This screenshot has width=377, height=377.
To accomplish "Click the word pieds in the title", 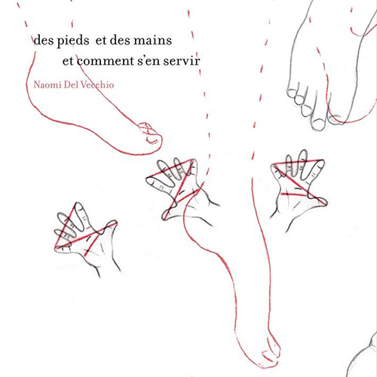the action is pos(73,41).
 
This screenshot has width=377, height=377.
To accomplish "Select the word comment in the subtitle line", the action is pos(105,61).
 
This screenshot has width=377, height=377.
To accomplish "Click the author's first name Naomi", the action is pos(48,84).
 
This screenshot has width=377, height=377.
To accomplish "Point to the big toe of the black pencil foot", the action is pos(319,122).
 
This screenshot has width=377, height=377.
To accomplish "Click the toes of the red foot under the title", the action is pos(150,134).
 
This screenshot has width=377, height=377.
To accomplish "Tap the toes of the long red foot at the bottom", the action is pos(270,352).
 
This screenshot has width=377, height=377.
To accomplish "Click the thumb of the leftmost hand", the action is pos(109,226).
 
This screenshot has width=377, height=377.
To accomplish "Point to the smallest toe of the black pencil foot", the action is pos(291,92).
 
